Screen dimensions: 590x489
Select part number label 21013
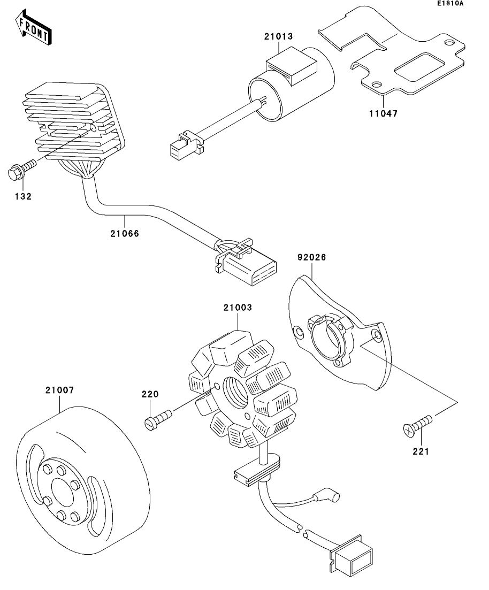pos(278,37)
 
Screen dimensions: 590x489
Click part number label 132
pos(23,196)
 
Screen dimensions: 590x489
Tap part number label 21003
pos(238,308)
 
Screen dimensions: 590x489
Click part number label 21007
pos(59,390)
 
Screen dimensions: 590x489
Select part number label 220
pos(150,395)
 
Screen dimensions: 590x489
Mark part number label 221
pos(421,451)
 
